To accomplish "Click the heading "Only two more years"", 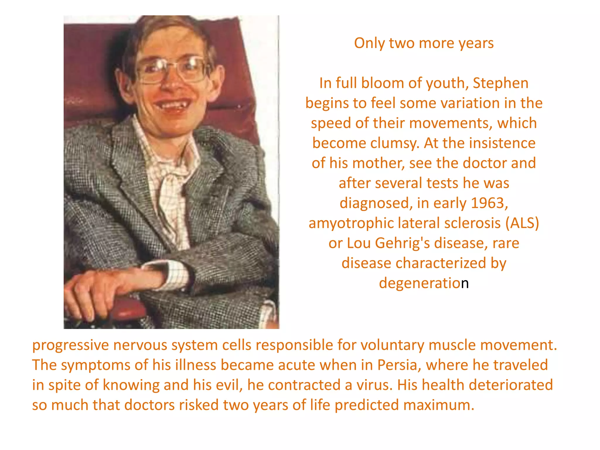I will (x=424, y=43).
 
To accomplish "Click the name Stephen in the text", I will (x=500, y=83).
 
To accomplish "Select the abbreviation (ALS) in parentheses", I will (x=522, y=223).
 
